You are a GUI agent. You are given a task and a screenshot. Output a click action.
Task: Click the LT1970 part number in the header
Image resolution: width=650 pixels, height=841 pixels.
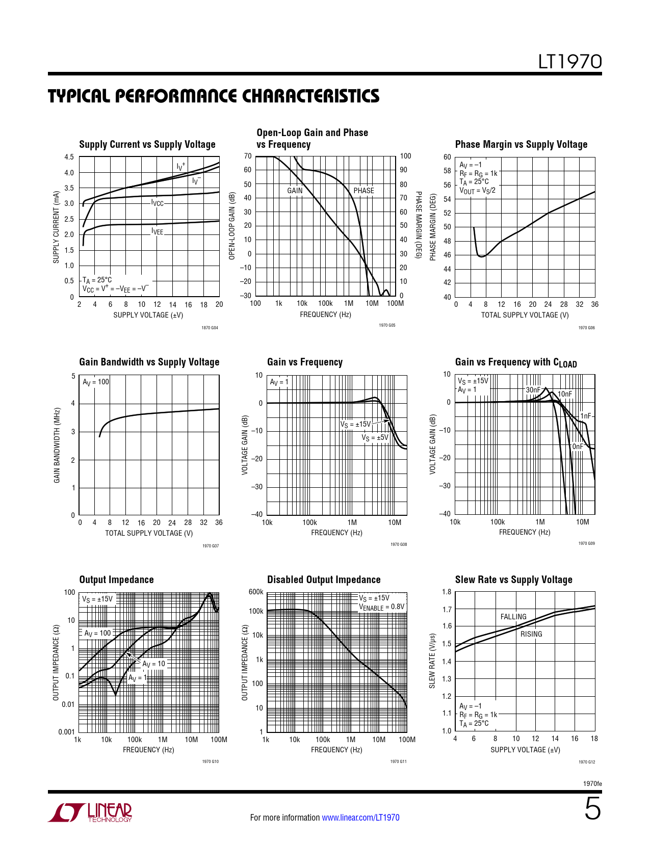pyautogui.click(x=570, y=62)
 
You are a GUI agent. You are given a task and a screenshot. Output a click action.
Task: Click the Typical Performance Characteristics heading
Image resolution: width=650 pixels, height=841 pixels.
pyautogui.click(x=214, y=96)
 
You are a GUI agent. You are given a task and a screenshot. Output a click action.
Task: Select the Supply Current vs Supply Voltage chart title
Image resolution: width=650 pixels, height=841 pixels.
pyautogui.click(x=147, y=145)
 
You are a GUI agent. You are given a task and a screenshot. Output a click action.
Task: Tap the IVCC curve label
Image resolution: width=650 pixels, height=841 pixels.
pyautogui.click(x=158, y=203)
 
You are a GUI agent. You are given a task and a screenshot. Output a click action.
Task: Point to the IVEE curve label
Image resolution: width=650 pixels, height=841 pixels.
pyautogui.click(x=158, y=231)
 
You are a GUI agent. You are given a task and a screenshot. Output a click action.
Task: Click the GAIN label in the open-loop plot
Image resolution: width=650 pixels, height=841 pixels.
pyautogui.click(x=295, y=191)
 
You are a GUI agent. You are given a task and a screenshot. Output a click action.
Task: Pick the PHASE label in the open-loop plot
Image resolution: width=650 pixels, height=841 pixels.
pyautogui.click(x=363, y=191)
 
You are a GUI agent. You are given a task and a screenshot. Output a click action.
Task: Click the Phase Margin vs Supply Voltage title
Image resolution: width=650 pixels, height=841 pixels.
pyautogui.click(x=521, y=145)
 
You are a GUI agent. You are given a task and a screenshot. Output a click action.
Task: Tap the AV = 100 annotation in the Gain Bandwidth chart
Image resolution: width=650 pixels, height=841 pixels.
pyautogui.click(x=96, y=382)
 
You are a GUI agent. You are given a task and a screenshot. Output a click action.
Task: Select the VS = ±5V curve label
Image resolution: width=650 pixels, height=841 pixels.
pyautogui.click(x=375, y=437)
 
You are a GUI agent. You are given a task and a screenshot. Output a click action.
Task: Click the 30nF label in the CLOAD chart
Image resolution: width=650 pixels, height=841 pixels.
pyautogui.click(x=533, y=390)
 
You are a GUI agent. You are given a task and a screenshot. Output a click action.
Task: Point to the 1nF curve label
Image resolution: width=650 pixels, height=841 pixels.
pyautogui.click(x=586, y=416)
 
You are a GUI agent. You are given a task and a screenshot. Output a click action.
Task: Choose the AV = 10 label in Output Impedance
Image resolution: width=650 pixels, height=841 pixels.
pyautogui.click(x=153, y=664)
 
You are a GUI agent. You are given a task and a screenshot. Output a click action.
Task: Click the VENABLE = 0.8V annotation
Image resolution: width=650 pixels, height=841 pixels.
pyautogui.click(x=381, y=607)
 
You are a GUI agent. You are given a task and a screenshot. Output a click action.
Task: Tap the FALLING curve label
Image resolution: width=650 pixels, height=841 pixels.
pyautogui.click(x=513, y=617)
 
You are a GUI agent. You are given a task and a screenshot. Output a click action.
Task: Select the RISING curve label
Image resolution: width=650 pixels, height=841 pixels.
pyautogui.click(x=531, y=634)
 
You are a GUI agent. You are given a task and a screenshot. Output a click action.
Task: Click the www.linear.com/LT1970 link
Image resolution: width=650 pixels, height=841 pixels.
pyautogui.click(x=360, y=818)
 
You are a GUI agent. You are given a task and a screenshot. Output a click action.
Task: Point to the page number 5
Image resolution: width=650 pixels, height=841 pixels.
pyautogui.click(x=592, y=809)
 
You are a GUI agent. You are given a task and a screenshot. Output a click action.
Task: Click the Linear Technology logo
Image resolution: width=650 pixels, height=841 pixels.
pyautogui.click(x=90, y=812)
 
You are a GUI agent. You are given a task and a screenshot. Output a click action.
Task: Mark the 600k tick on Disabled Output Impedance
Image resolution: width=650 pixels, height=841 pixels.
pyautogui.click(x=256, y=592)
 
